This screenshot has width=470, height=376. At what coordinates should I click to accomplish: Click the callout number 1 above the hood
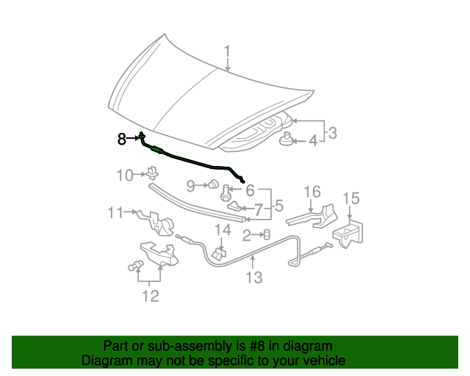228,51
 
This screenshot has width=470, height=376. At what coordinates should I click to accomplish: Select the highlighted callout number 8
123,138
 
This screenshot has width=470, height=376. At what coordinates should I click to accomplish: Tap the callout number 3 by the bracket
333,133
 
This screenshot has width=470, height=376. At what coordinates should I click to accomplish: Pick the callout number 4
313,140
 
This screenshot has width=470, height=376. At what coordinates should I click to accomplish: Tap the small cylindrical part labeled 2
267,234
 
